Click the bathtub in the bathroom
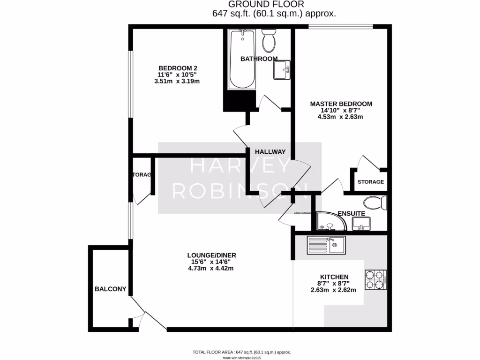242,60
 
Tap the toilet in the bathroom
269,41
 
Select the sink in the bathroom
282,70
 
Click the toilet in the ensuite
376,203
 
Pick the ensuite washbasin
361,224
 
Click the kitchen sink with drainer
326,246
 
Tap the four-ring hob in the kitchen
375,280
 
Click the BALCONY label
111,289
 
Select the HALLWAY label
270,152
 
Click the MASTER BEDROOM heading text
341,104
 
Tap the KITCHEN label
334,277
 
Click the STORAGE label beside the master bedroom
371,182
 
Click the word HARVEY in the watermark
240,166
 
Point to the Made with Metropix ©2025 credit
242,358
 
